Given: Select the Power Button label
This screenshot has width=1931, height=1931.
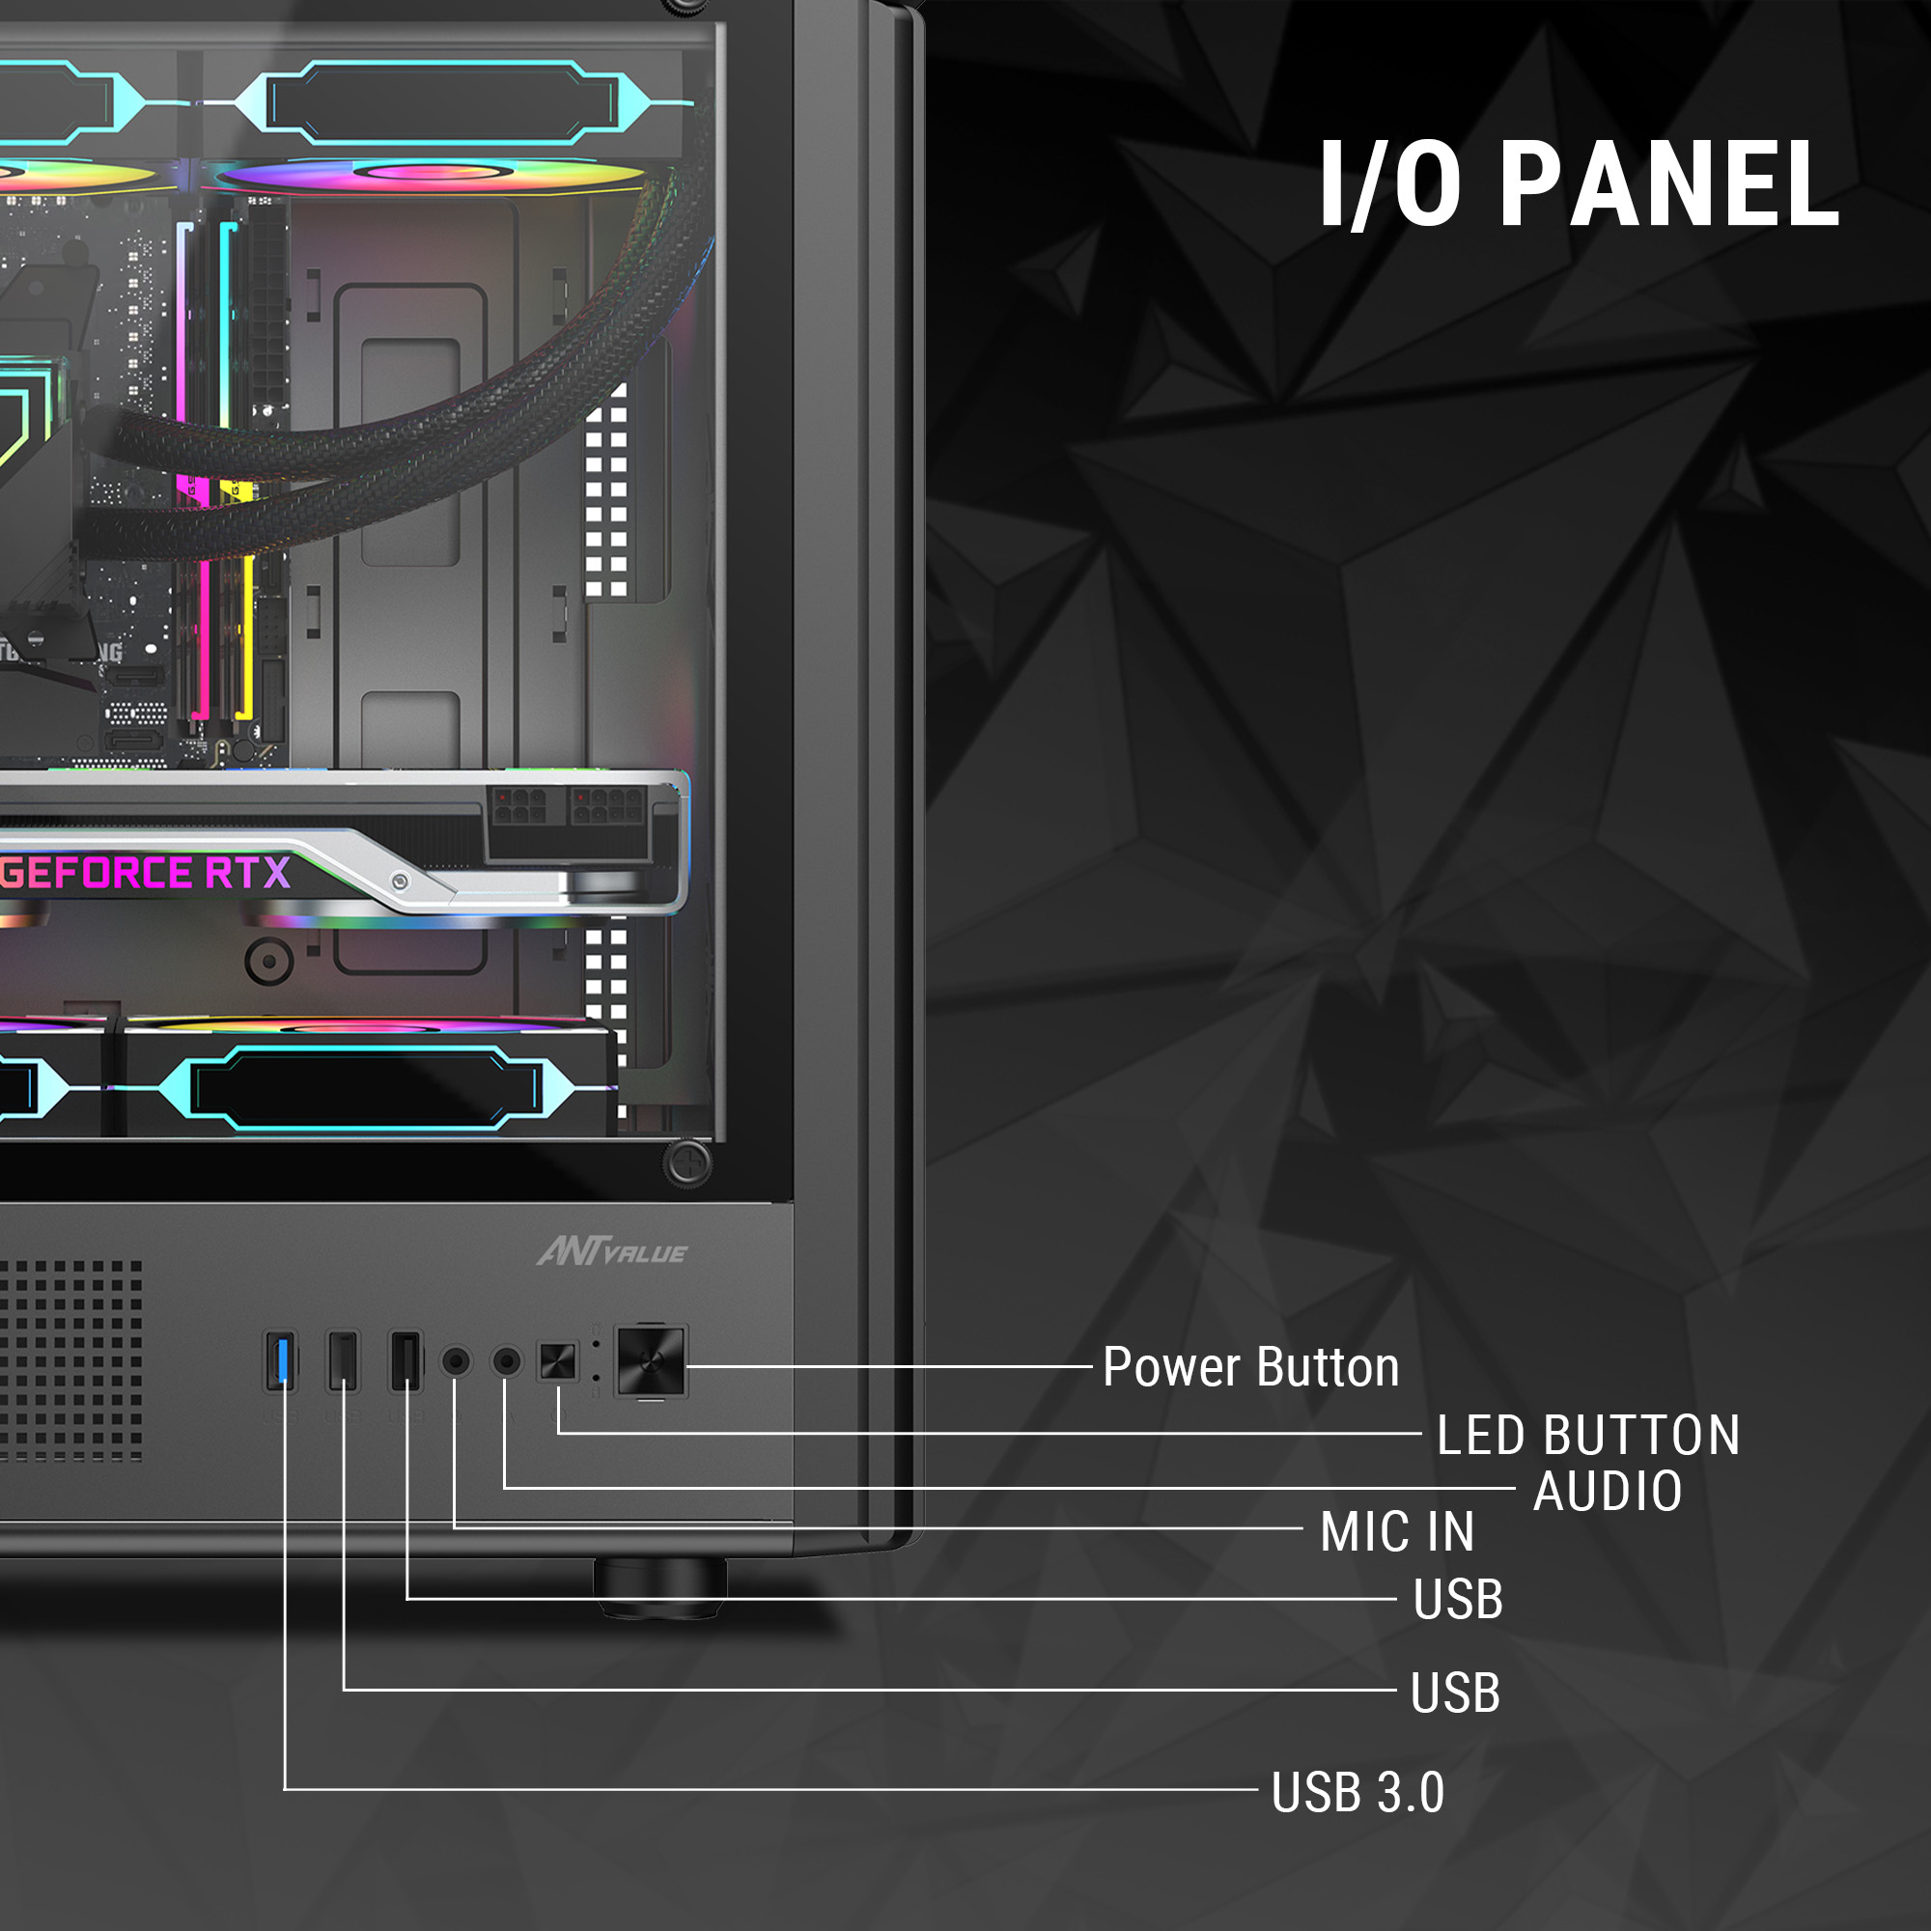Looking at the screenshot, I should (1250, 1367).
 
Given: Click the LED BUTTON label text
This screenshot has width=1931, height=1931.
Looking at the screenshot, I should (1588, 1437).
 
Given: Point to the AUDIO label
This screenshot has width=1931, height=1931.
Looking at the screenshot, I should (1609, 1492).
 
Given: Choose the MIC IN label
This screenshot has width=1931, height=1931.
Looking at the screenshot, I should (1397, 1532).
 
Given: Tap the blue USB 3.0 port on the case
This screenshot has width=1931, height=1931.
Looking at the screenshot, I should (281, 1361).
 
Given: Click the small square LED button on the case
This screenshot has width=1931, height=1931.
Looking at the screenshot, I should (558, 1361).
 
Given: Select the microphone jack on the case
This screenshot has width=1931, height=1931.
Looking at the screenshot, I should (456, 1361).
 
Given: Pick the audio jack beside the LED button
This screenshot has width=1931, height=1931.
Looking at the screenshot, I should (507, 1361).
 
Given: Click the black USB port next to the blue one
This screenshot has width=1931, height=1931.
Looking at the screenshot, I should (343, 1361).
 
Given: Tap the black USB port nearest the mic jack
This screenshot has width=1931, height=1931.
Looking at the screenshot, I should (406, 1361).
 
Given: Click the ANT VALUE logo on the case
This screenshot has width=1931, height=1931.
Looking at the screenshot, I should (612, 1252).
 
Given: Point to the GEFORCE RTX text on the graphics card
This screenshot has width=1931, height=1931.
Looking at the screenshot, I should (146, 874).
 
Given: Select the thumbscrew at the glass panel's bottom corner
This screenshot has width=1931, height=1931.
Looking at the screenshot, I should (687, 1162).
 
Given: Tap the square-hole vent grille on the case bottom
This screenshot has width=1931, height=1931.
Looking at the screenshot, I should (70, 1360).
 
